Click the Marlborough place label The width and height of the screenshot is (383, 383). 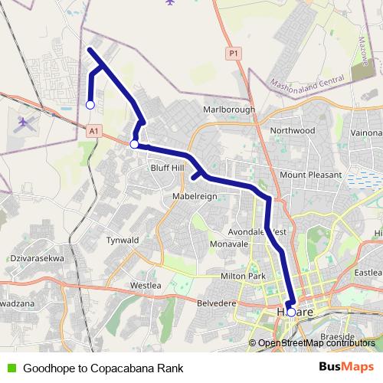tap(229, 110)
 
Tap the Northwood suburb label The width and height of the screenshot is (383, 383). tap(293, 130)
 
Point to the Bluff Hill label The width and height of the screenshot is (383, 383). tap(168, 167)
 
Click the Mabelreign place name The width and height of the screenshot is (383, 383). tap(195, 196)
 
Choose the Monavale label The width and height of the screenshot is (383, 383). tap(229, 244)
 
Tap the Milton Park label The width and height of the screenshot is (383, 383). tap(244, 276)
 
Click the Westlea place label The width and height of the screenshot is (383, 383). tap(146, 285)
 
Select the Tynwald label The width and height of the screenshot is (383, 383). tap(123, 239)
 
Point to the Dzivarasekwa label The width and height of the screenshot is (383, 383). tap(37, 259)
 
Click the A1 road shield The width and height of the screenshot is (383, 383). tap(93, 132)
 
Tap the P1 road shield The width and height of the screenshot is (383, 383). tap(234, 54)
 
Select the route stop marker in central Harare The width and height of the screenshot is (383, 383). tap(291, 312)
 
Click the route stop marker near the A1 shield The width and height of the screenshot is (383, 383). tap(134, 144)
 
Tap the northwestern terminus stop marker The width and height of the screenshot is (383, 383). tap(90, 105)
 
